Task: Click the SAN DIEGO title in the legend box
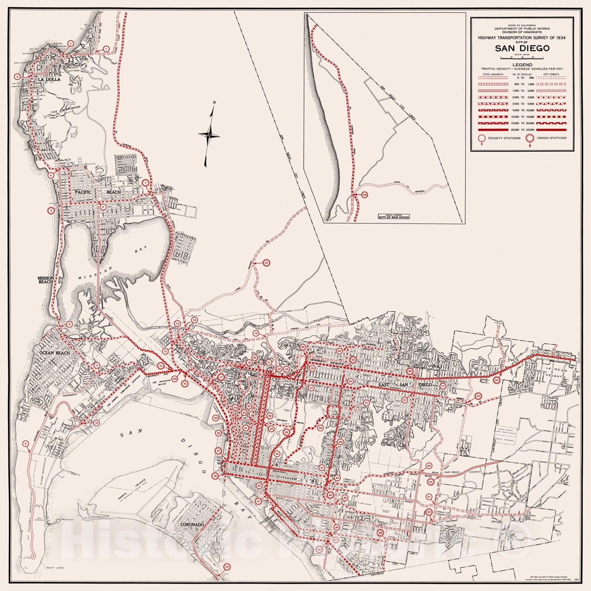(x=522, y=48)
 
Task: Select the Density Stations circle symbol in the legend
(x=481, y=138)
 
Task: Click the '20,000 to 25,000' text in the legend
(x=522, y=130)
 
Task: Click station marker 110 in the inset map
(x=365, y=195)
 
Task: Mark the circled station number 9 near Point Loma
(x=25, y=443)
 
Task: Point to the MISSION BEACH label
(x=46, y=280)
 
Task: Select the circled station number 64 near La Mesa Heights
(x=497, y=380)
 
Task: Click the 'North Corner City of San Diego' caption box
(x=393, y=217)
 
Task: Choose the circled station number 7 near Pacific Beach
(x=146, y=183)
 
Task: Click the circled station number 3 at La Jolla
(x=17, y=77)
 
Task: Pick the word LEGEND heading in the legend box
(x=522, y=65)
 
